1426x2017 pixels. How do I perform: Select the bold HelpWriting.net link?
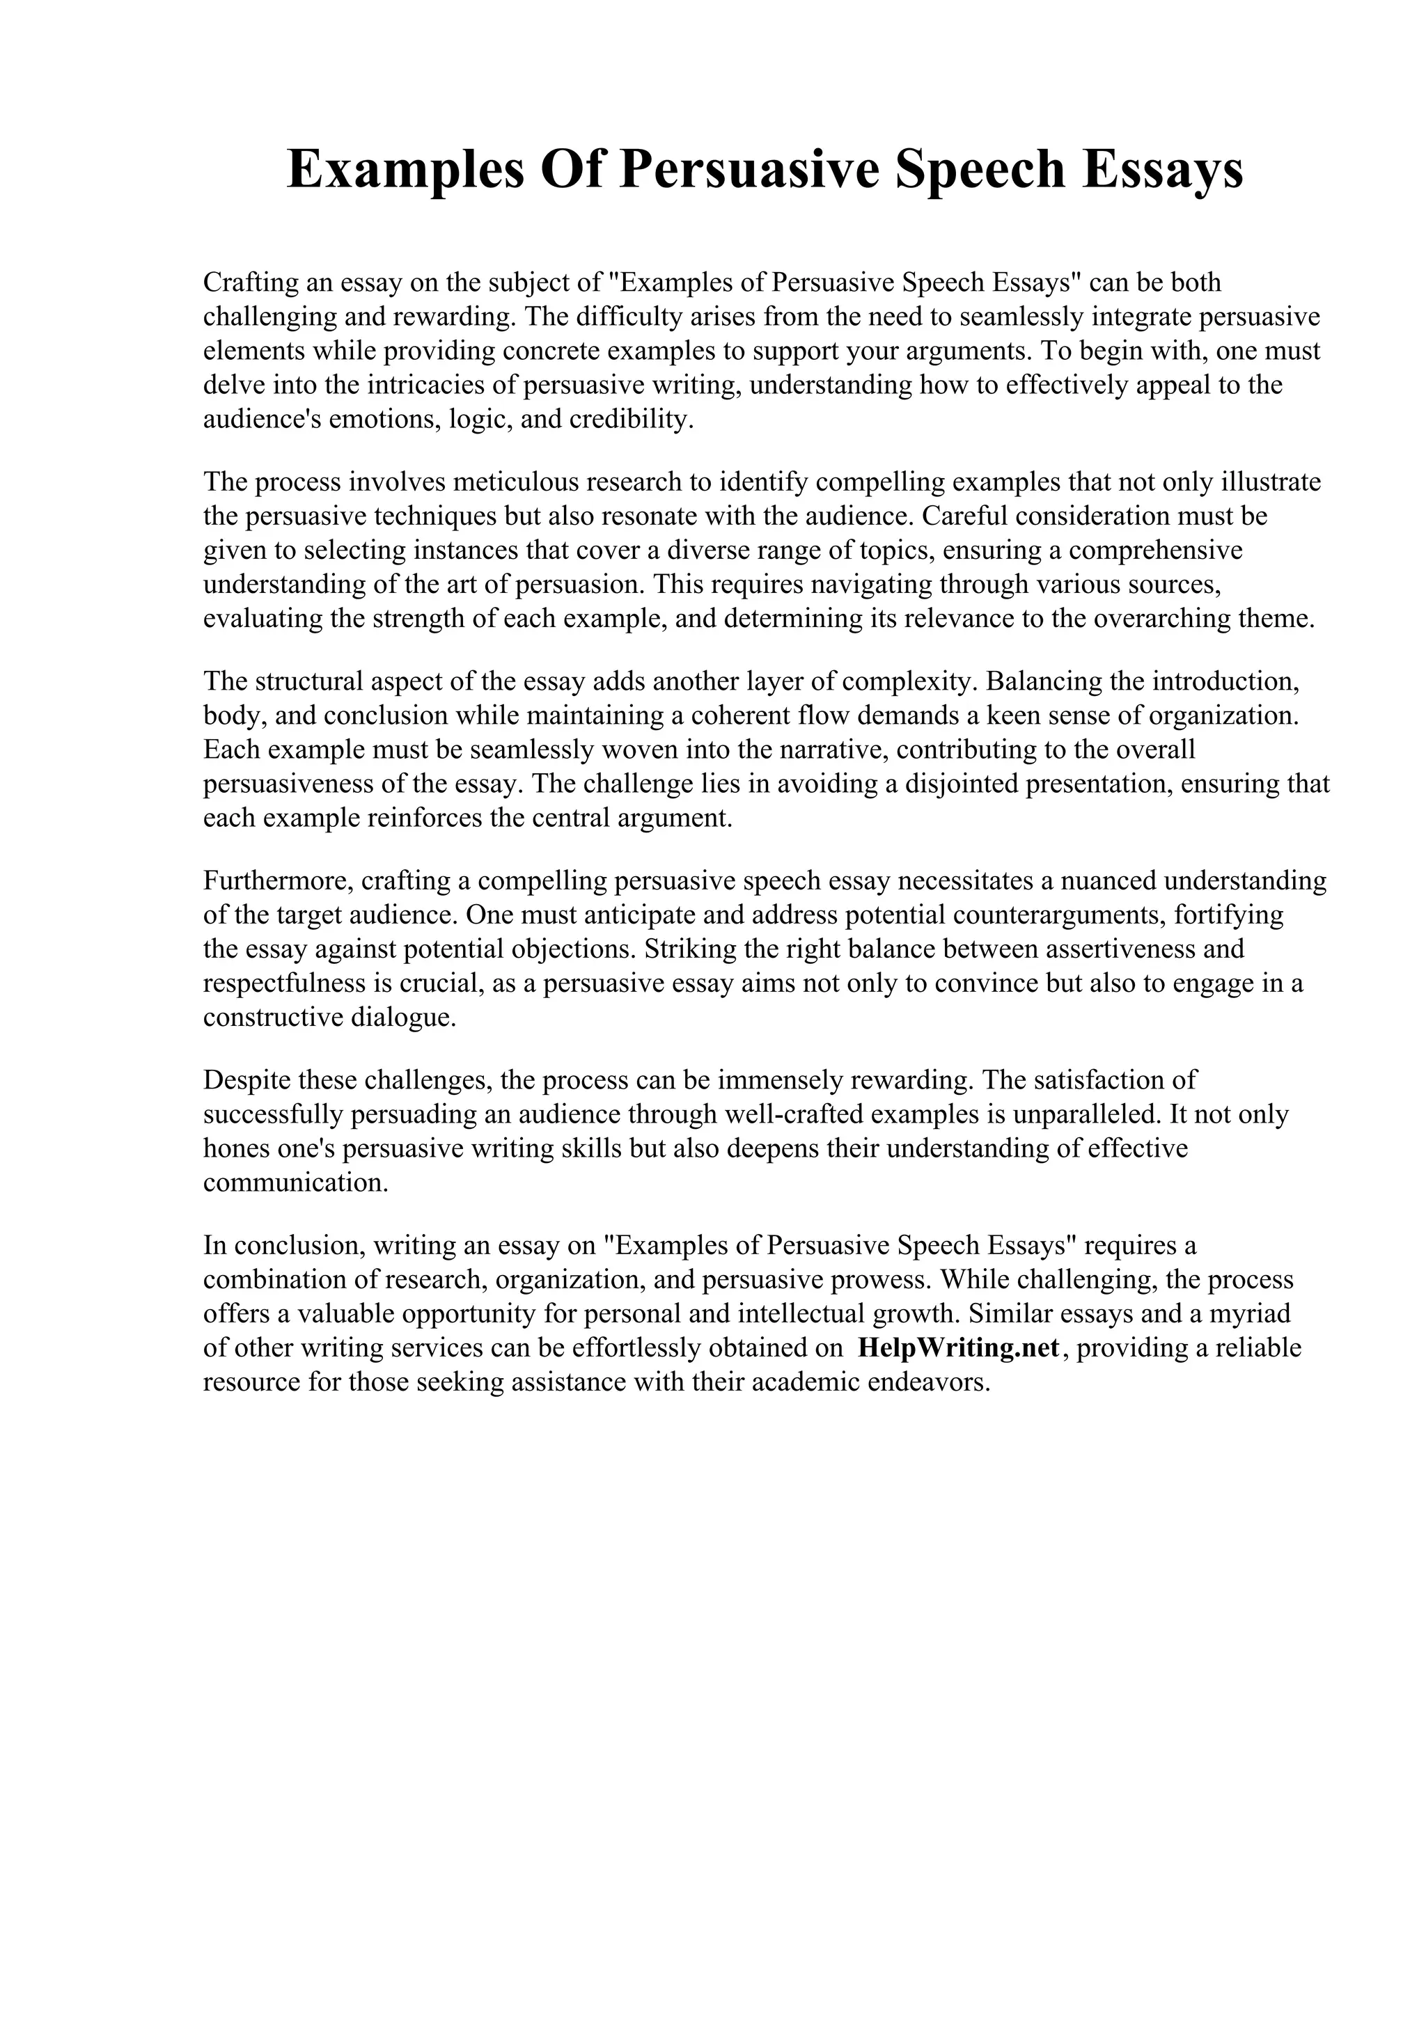pos(959,1347)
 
